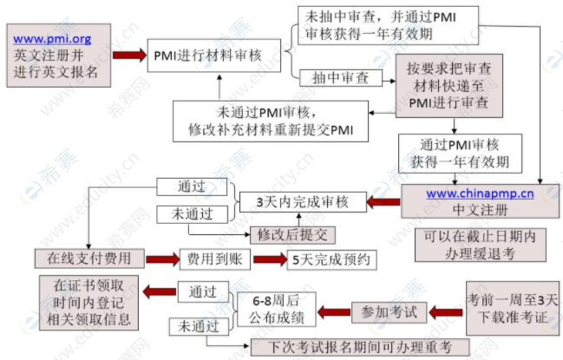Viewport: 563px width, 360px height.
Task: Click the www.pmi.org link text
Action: coord(53,38)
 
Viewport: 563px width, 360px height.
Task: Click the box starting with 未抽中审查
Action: coord(368,26)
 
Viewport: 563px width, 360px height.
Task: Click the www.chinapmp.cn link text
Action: coord(480,193)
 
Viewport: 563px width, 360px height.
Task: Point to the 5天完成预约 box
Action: coord(330,259)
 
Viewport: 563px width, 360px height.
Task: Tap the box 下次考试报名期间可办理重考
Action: coord(357,347)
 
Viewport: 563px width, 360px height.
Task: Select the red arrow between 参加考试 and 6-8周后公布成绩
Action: coord(330,311)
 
